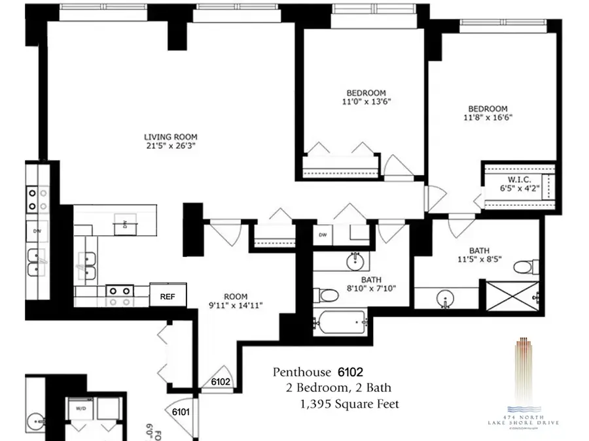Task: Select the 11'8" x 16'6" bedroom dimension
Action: pyautogui.click(x=488, y=118)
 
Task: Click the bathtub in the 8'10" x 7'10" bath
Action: pyautogui.click(x=339, y=322)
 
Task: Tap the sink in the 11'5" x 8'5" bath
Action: pyautogui.click(x=446, y=301)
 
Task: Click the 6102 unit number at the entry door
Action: pyautogui.click(x=221, y=382)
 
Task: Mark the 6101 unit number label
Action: pyautogui.click(x=181, y=412)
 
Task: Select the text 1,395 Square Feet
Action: pyautogui.click(x=348, y=404)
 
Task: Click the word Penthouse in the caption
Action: pyautogui.click(x=302, y=373)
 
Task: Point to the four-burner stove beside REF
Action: pyautogui.click(x=120, y=295)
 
